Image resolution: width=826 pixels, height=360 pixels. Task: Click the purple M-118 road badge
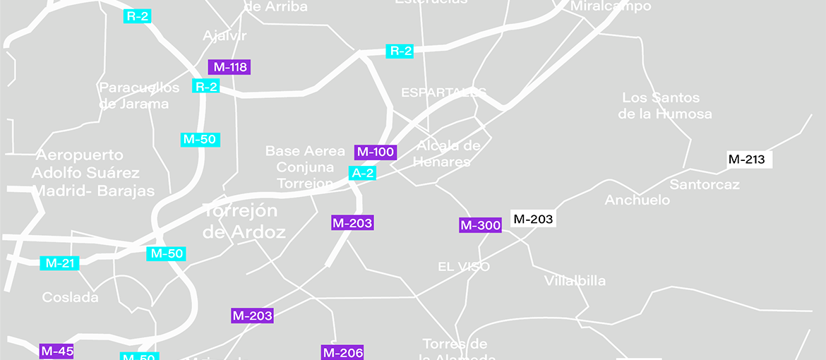click(x=229, y=67)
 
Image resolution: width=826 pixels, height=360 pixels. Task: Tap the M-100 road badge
click(x=375, y=152)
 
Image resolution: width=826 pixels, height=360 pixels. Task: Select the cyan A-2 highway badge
click(x=363, y=173)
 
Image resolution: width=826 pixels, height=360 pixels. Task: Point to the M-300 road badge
click(x=480, y=226)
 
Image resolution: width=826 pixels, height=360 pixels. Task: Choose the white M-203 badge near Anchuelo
click(x=533, y=219)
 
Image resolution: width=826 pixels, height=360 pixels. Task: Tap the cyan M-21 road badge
click(x=60, y=263)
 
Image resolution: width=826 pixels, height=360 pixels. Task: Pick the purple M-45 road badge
click(x=57, y=351)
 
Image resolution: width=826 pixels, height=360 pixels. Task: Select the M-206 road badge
click(x=342, y=352)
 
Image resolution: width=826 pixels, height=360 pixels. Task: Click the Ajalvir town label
click(x=225, y=36)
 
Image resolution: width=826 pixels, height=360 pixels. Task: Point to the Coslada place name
click(x=70, y=297)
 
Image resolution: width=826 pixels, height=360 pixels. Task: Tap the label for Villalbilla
click(x=575, y=281)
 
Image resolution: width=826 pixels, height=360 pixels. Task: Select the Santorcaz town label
click(x=705, y=185)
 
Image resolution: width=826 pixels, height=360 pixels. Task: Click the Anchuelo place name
click(x=638, y=200)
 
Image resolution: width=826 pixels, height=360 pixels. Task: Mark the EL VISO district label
click(x=464, y=267)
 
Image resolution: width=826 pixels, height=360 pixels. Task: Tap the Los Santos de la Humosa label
click(x=664, y=106)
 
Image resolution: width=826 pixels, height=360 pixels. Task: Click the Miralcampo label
click(x=611, y=6)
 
